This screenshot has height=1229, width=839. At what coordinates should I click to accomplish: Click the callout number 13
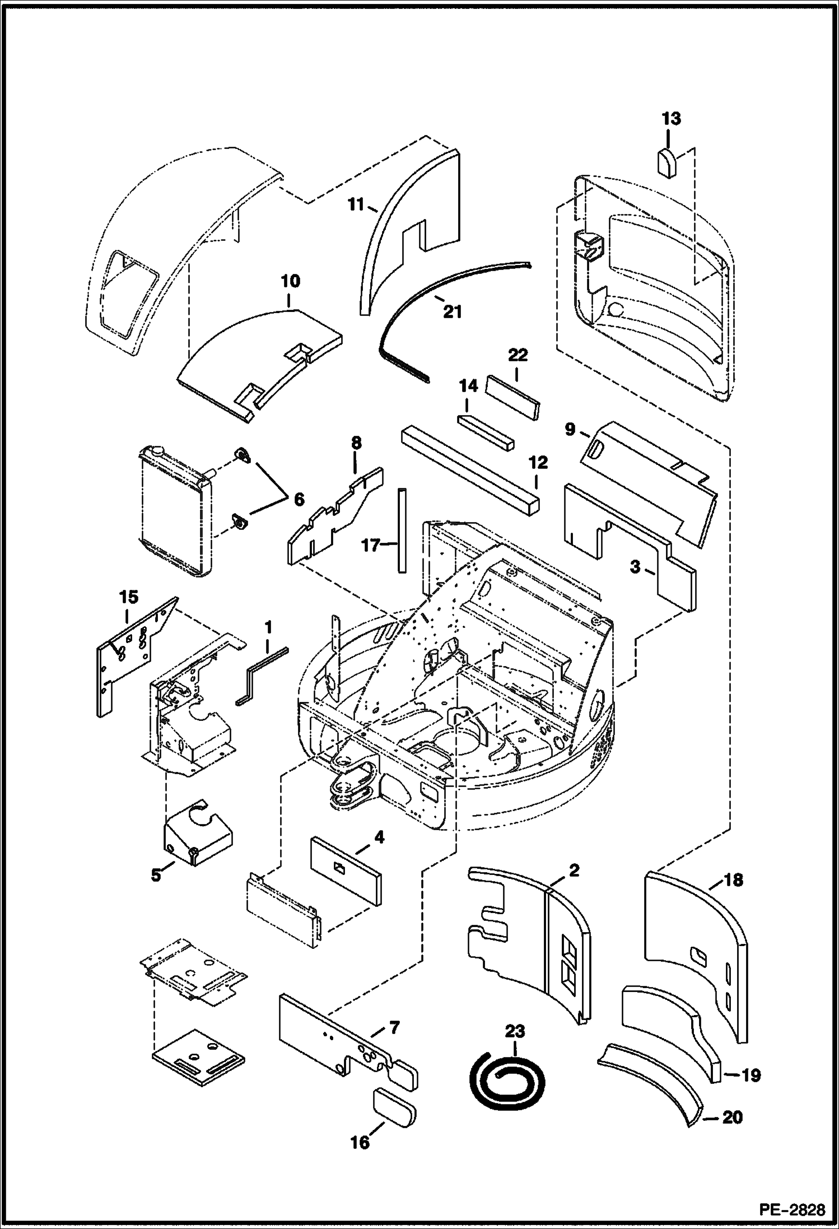point(671,119)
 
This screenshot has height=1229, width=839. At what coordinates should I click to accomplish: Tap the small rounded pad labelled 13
point(666,162)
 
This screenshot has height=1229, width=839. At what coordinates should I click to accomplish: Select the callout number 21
point(452,311)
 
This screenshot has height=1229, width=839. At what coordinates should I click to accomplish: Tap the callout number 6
point(299,499)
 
